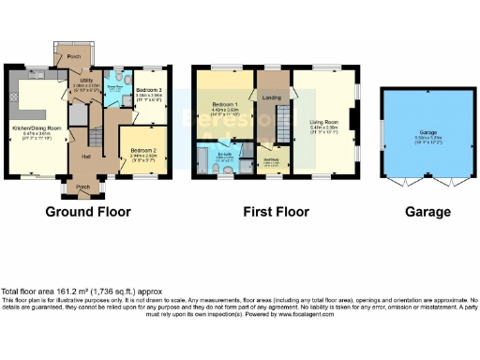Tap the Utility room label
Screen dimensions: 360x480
click(86, 82)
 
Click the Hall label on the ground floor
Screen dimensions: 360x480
click(86, 156)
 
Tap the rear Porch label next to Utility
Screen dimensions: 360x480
click(72, 56)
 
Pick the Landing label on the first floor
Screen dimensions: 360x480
click(272, 97)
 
